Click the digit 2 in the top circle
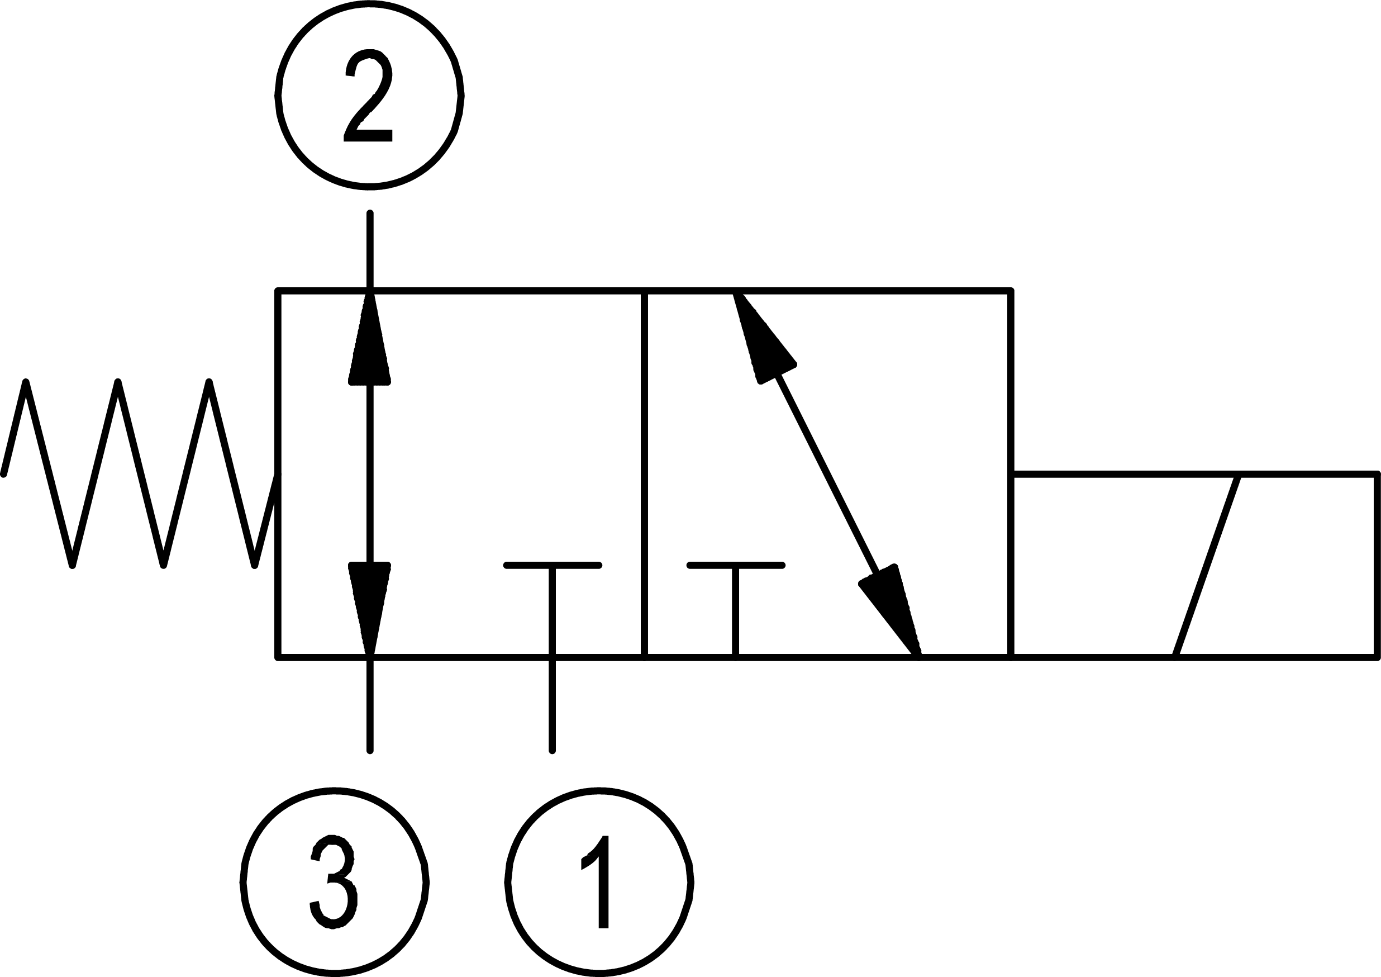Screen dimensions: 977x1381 pos(368,96)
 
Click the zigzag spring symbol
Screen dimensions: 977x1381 pos(139,475)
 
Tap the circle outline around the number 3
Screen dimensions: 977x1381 pos(242,882)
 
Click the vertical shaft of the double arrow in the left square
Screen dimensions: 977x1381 pos(370,475)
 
